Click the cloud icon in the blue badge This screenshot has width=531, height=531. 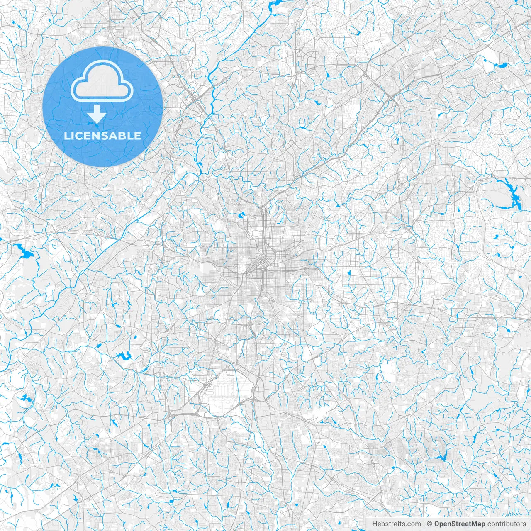click(x=102, y=80)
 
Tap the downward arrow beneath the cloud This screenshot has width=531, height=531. click(x=97, y=113)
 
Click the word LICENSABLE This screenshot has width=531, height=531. click(x=102, y=136)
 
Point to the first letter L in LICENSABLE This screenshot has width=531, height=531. click(x=66, y=136)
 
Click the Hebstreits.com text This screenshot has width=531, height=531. click(x=396, y=524)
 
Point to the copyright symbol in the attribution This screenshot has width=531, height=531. click(x=430, y=524)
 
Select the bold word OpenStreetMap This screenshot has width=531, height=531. click(x=460, y=524)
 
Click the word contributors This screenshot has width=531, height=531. click(x=507, y=524)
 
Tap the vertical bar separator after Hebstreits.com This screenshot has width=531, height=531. click(x=424, y=524)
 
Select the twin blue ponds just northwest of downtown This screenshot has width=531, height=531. click(x=241, y=215)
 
